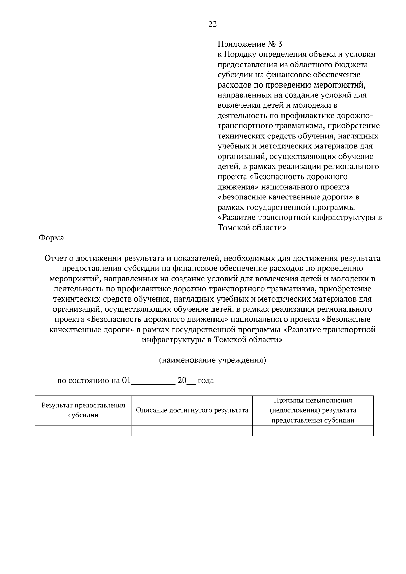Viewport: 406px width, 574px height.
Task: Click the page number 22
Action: click(x=212, y=24)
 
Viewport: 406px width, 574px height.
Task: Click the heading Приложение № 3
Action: click(x=250, y=44)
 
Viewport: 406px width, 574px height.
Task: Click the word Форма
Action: click(x=51, y=238)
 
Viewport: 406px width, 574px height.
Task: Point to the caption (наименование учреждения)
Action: click(x=212, y=360)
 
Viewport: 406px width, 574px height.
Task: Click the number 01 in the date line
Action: click(x=126, y=381)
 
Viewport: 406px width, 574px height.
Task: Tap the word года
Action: click(x=206, y=381)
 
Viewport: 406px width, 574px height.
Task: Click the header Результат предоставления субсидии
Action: click(x=83, y=410)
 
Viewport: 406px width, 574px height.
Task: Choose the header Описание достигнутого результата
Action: click(x=192, y=410)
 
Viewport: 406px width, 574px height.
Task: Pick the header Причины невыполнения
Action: click(x=313, y=401)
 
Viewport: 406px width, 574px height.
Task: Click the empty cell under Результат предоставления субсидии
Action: click(x=83, y=431)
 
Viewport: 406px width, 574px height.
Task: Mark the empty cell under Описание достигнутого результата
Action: click(x=192, y=431)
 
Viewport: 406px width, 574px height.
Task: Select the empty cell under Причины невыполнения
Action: click(x=313, y=431)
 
